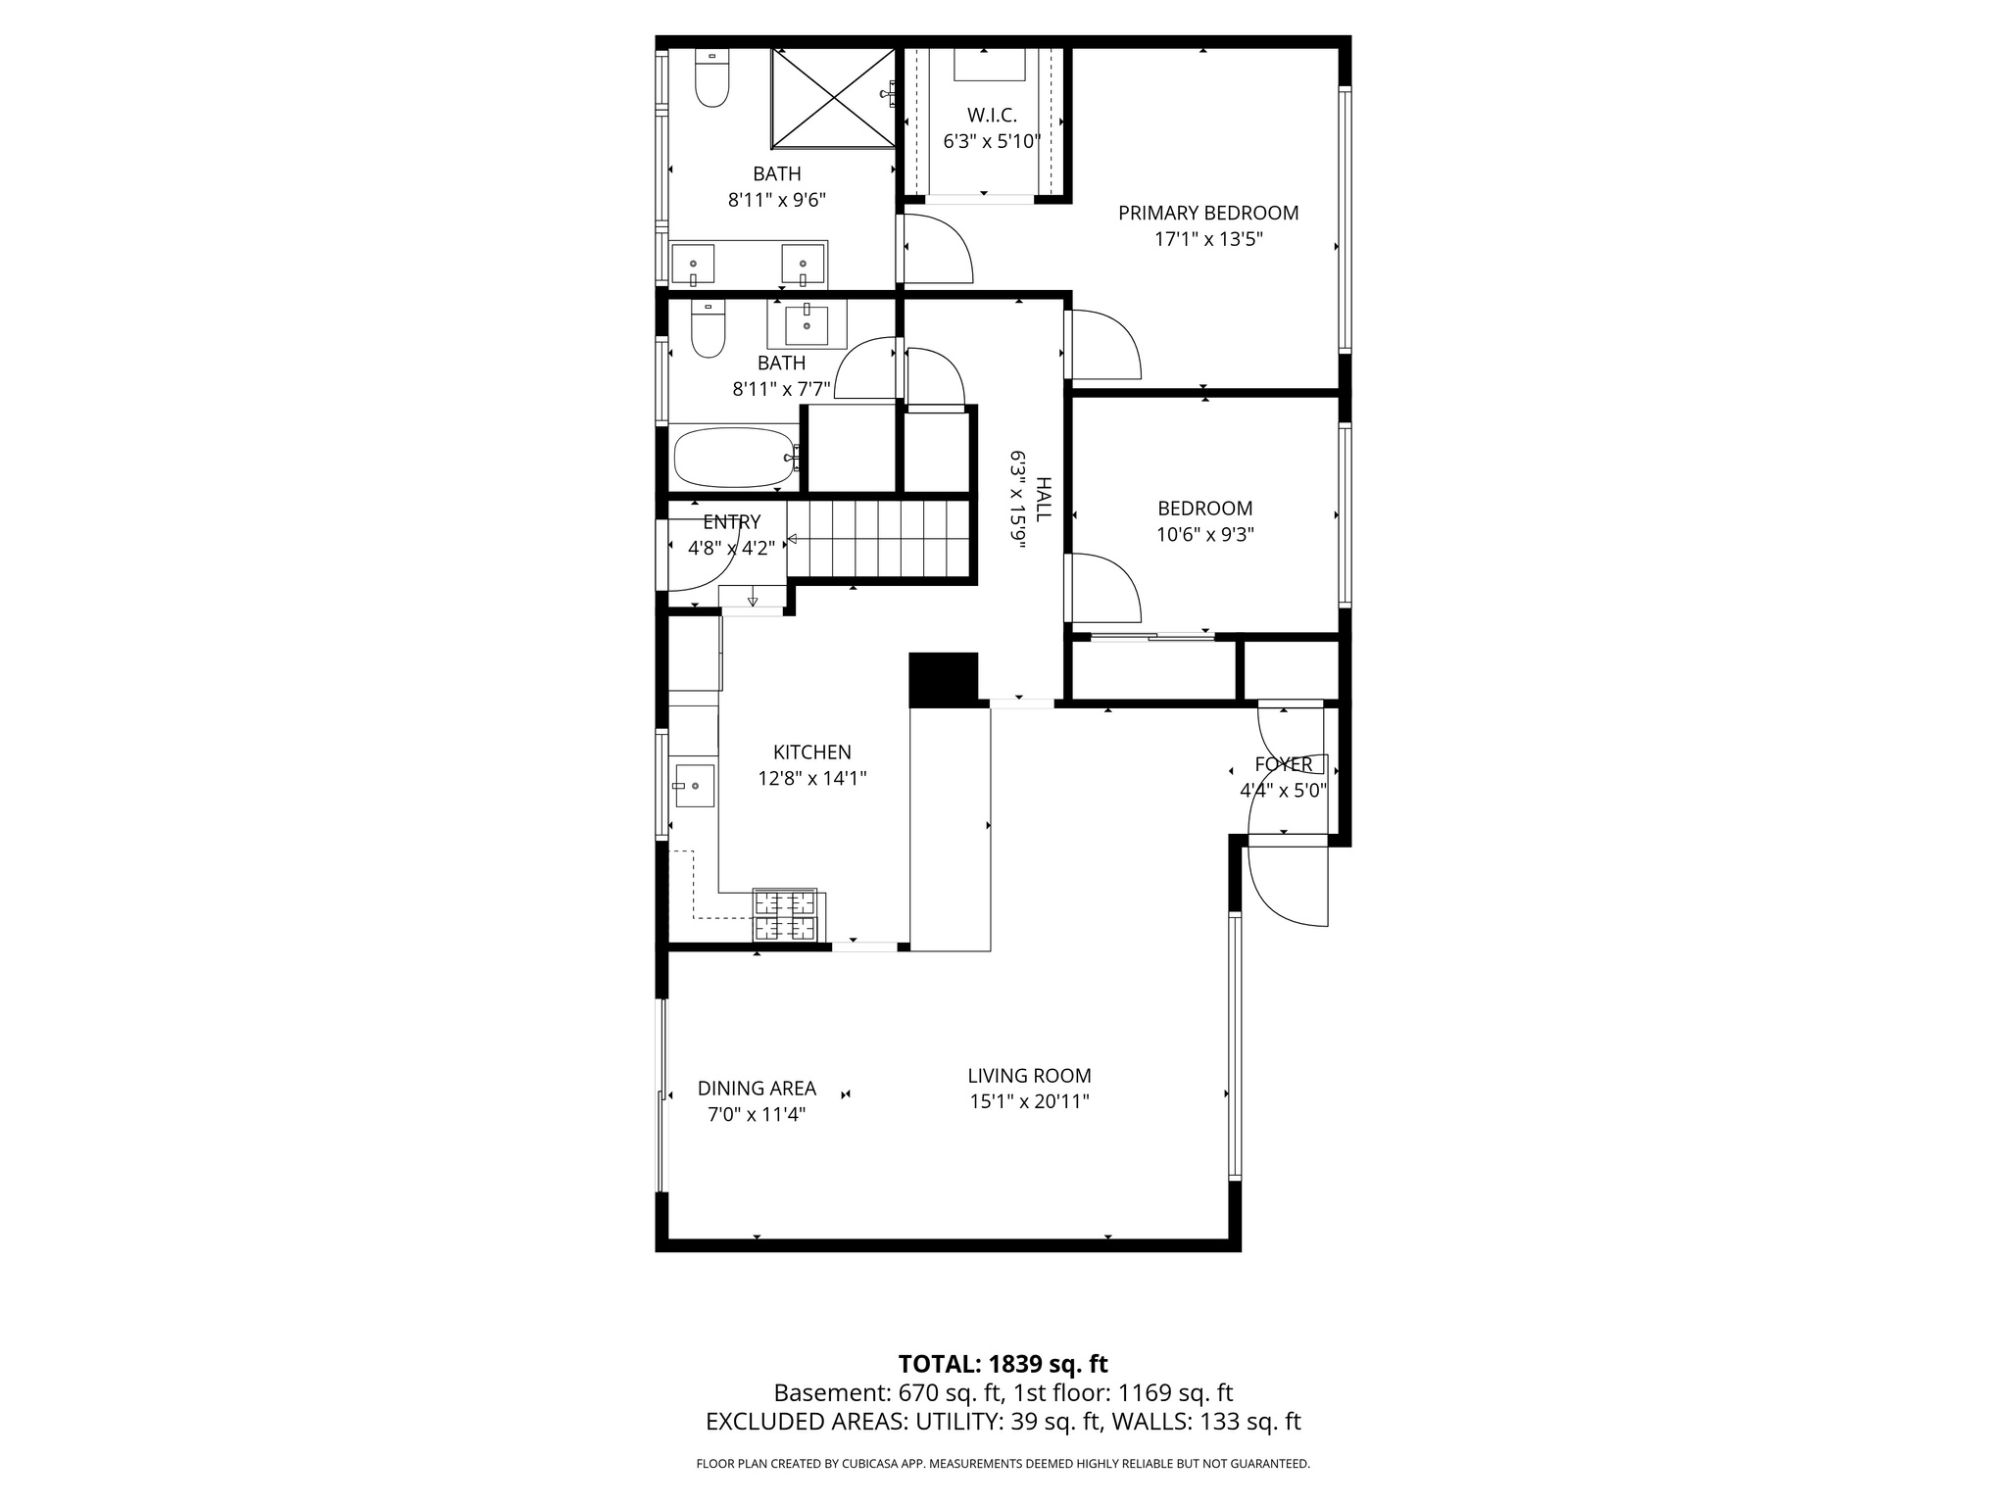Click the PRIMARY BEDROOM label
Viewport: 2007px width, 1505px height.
(x=1207, y=213)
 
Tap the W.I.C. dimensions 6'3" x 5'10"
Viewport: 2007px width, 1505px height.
(x=991, y=141)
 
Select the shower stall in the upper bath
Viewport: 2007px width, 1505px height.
(x=833, y=97)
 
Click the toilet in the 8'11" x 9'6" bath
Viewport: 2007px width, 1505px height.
(x=712, y=78)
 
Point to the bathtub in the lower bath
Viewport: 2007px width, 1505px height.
(x=735, y=457)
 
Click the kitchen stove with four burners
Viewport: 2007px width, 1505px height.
(x=784, y=915)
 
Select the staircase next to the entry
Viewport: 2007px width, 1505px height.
(x=878, y=539)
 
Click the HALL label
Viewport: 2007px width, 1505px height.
(x=1044, y=500)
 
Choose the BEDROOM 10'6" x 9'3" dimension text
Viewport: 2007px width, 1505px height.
(x=1204, y=535)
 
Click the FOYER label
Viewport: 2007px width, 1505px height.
(x=1282, y=764)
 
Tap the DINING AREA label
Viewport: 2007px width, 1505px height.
(x=757, y=1089)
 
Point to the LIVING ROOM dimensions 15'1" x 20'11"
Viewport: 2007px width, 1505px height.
(x=1029, y=1101)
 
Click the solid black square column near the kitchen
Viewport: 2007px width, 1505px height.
(x=944, y=679)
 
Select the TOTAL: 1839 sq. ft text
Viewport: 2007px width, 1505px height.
(x=1003, y=1364)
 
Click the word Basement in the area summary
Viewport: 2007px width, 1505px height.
(x=816, y=1393)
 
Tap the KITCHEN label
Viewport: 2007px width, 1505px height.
(x=811, y=752)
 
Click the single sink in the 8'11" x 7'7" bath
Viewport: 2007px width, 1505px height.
(x=807, y=325)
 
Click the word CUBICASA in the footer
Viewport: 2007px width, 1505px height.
(x=873, y=1464)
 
